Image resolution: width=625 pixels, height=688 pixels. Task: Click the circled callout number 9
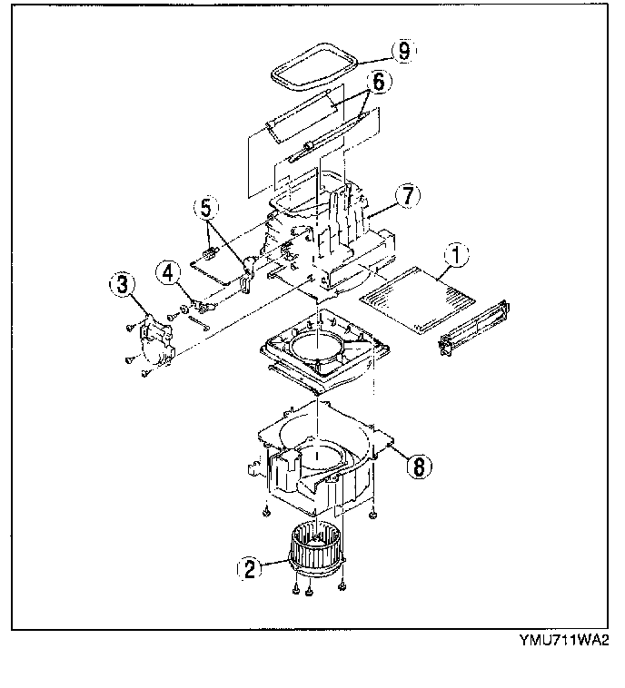coord(401,51)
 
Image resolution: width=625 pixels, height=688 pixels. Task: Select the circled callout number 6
coord(379,81)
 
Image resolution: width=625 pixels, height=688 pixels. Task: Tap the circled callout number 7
coord(406,193)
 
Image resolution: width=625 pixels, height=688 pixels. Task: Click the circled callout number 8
coord(418,466)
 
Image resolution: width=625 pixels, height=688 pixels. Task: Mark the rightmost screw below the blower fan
coord(342,586)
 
